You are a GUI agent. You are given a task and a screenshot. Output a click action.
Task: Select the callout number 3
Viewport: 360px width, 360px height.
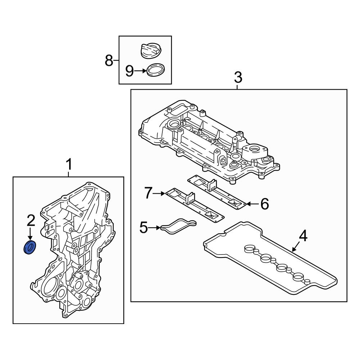point(238,77)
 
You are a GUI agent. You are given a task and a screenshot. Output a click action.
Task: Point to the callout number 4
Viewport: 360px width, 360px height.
point(303,237)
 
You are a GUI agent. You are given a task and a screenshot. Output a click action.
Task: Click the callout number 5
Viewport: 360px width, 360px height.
point(144,228)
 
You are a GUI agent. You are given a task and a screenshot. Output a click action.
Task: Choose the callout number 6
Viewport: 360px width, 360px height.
point(265,204)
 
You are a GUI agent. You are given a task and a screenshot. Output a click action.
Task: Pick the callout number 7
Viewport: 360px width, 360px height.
point(149,193)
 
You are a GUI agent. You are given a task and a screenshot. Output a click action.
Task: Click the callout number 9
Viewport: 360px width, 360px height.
point(130,71)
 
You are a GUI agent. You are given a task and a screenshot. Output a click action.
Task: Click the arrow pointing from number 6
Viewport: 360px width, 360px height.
point(252,204)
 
